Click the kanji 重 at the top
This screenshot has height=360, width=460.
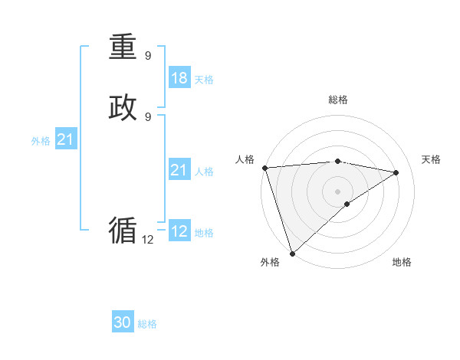click(x=123, y=47)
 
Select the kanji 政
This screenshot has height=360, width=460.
click(x=123, y=108)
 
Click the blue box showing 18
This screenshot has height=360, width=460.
click(x=179, y=78)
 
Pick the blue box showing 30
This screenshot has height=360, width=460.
click(x=123, y=322)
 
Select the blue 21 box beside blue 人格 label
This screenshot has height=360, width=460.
click(x=179, y=171)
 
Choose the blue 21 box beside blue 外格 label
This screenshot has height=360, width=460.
click(x=66, y=139)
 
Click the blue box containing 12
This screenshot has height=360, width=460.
click(x=179, y=231)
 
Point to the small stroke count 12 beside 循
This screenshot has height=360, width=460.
click(x=147, y=240)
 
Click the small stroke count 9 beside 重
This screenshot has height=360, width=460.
click(x=148, y=56)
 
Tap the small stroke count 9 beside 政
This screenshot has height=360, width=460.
click(x=148, y=116)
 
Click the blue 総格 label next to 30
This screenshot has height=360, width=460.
click(x=147, y=324)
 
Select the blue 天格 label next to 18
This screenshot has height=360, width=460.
click(x=204, y=80)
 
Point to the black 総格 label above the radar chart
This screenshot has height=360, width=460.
click(x=338, y=100)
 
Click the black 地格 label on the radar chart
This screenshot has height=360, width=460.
click(x=402, y=262)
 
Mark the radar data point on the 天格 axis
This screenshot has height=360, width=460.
click(x=396, y=172)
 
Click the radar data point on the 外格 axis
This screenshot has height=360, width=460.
click(x=292, y=253)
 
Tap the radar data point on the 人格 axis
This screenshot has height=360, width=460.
click(x=264, y=168)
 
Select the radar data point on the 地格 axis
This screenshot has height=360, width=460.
click(x=347, y=204)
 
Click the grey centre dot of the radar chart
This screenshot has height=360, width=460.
click(x=338, y=191)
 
